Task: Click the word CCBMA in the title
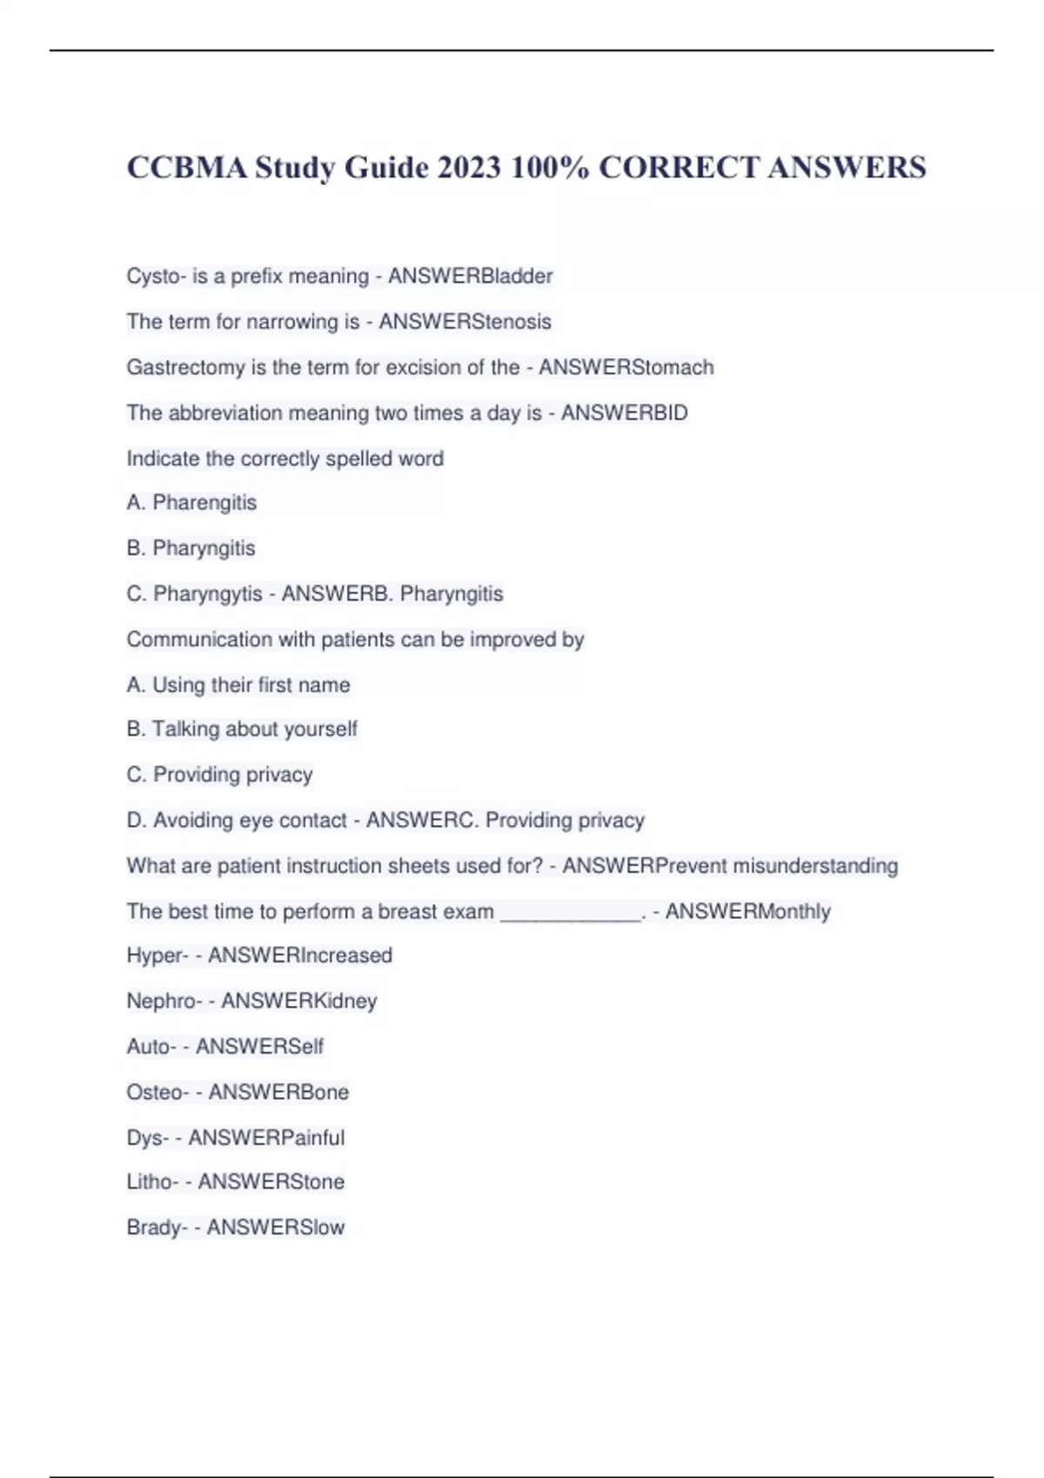187,167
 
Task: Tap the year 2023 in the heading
469,167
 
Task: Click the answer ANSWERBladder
470,276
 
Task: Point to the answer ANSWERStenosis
465,322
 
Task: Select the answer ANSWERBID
624,413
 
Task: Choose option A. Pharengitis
191,503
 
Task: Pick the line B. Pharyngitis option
191,549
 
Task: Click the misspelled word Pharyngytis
207,594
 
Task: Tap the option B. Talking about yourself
242,729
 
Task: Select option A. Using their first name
238,685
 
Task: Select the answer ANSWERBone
278,1092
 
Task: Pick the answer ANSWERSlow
275,1227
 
